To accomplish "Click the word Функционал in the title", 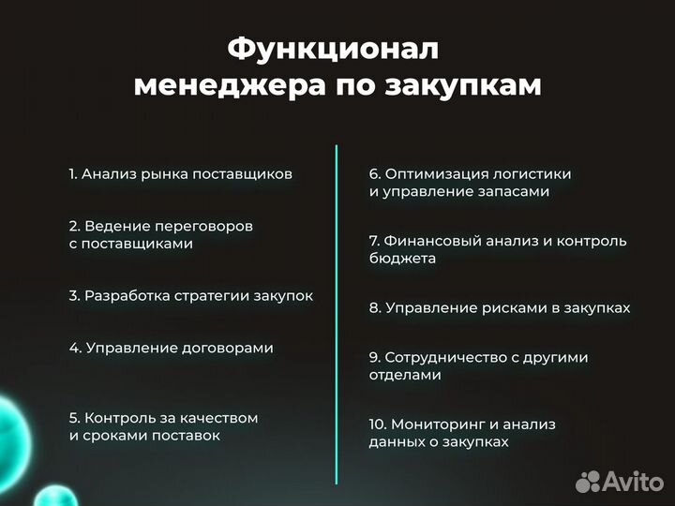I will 333,48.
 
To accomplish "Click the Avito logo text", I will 633,482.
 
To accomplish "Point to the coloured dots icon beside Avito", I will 588,482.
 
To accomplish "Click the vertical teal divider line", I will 336,314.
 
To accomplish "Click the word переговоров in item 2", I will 207,226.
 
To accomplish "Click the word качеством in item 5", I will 219,418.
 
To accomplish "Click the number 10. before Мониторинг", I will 378,424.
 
